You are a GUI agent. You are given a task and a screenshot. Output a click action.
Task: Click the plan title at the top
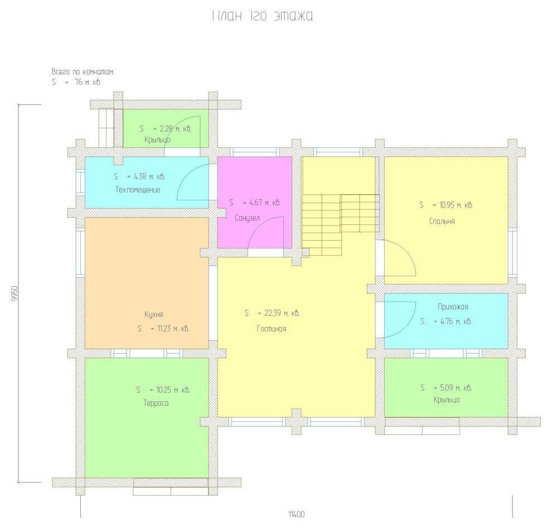262,16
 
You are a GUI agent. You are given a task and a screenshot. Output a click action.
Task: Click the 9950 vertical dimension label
14,293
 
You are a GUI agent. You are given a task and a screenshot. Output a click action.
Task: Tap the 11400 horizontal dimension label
297,514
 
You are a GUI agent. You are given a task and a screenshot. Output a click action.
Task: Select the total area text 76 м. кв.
88,83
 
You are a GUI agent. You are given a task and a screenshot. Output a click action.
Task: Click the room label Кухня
153,314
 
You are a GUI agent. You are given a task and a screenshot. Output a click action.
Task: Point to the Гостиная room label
272,329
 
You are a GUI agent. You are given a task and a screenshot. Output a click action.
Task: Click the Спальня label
442,222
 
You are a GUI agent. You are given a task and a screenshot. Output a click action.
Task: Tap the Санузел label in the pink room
247,218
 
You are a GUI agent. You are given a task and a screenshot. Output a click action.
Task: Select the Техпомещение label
138,190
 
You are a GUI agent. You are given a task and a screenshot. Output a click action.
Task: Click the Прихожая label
453,306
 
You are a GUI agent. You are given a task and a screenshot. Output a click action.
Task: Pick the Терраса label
156,403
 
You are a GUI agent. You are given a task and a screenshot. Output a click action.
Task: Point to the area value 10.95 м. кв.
456,205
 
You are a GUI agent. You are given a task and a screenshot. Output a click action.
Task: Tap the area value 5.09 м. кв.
456,388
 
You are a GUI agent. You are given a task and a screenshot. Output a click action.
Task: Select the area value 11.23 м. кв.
173,329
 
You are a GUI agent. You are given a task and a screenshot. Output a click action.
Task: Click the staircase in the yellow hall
340,224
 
